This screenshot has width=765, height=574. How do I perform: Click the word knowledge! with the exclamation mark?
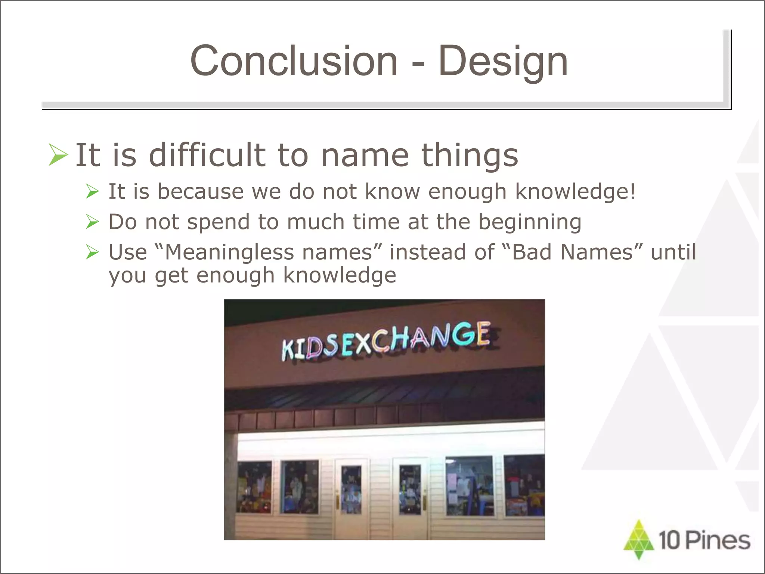575,192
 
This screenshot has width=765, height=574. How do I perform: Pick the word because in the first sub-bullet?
200,191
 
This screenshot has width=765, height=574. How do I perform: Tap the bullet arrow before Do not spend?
92,222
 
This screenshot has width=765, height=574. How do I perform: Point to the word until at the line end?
673,252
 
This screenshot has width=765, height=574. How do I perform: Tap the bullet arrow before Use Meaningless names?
92,252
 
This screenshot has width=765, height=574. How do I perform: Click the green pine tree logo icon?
639,540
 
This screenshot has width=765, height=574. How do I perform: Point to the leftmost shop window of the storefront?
254,487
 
